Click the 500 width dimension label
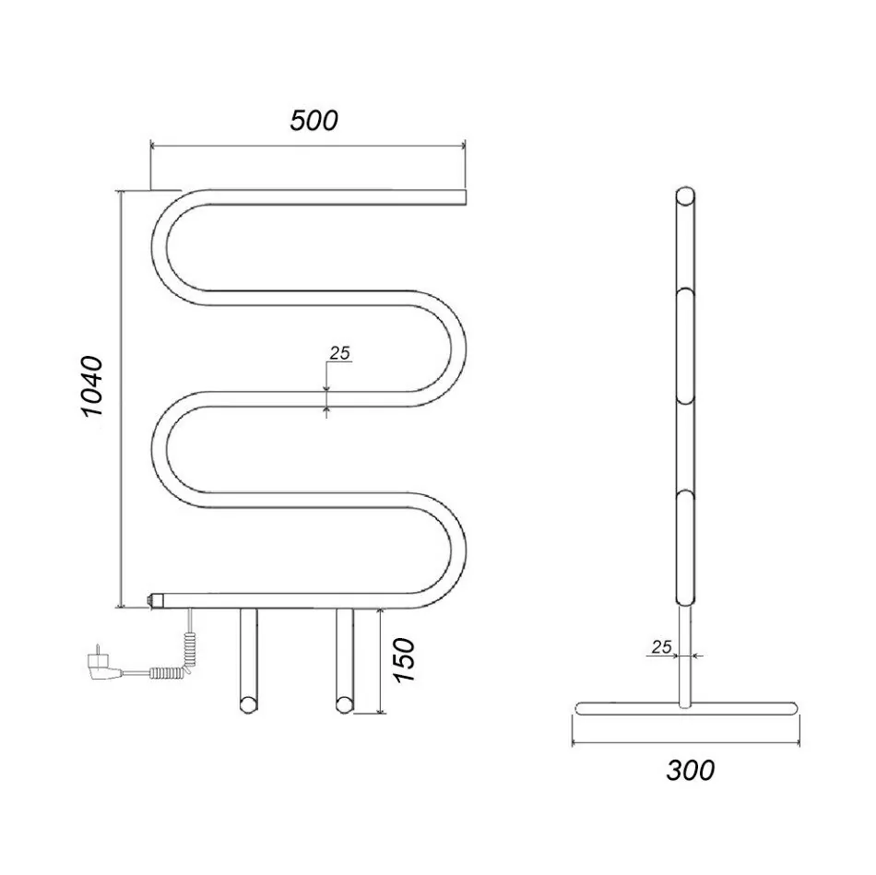pos(314,121)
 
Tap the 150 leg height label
pos(405,660)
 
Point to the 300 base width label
pos(690,770)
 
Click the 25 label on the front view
pos(339,353)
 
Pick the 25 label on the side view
pos(661,647)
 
